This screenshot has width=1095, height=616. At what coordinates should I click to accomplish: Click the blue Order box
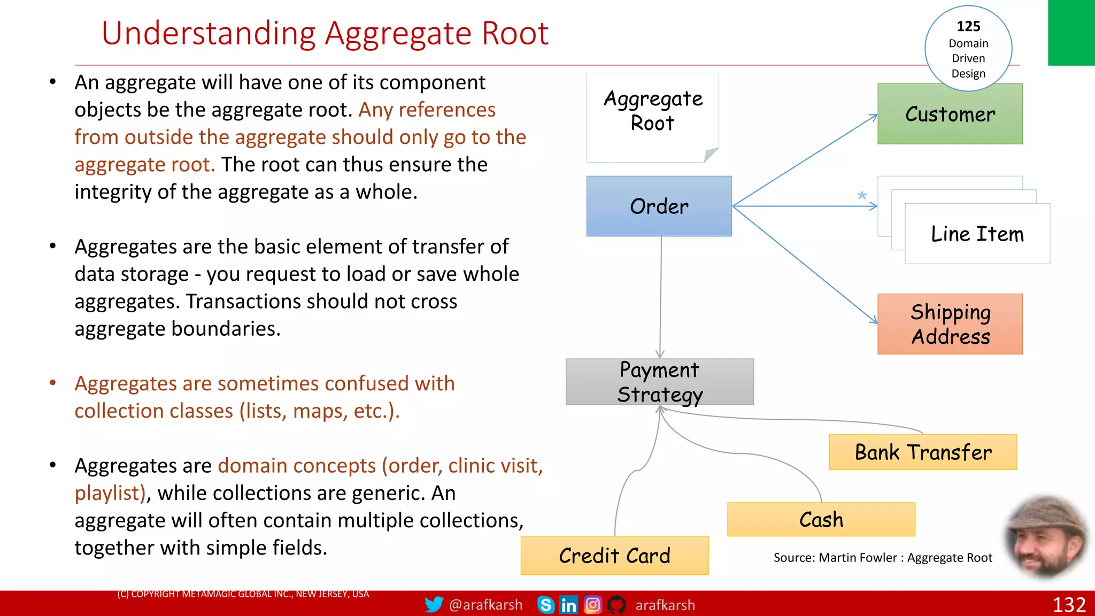(659, 206)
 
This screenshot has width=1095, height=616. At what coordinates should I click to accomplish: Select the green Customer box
(950, 114)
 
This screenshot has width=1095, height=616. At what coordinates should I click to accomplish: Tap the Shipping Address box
(950, 324)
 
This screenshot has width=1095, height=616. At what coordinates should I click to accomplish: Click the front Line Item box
(977, 234)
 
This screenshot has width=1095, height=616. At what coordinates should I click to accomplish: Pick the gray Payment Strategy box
(659, 382)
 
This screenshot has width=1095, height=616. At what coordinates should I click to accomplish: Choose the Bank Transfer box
(923, 452)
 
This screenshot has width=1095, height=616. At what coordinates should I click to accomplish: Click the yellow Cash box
(821, 520)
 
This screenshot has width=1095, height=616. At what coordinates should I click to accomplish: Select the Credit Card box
(614, 556)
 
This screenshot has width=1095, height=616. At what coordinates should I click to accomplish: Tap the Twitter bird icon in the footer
(434, 605)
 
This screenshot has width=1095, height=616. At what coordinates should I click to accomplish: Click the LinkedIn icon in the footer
(568, 605)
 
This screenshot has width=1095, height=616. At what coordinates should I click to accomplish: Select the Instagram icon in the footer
(592, 605)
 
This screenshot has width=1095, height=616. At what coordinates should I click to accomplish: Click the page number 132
(1069, 605)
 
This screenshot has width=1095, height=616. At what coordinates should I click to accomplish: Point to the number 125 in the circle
(968, 26)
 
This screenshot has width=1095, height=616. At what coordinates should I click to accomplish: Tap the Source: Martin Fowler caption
(882, 558)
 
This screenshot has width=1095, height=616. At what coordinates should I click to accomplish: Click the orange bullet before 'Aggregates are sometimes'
(53, 383)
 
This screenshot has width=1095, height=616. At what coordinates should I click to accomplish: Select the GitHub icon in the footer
(616, 605)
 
